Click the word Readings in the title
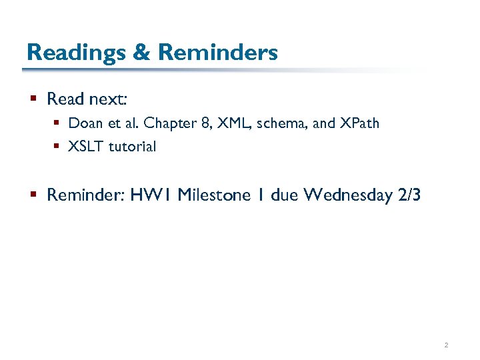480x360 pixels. [x=75, y=52]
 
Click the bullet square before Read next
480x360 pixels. [x=34, y=99]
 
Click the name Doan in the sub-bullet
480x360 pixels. [x=84, y=123]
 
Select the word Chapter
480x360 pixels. [x=167, y=123]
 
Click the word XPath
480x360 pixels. [x=357, y=123]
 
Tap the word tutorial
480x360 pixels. [x=132, y=147]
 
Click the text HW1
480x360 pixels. [x=151, y=195]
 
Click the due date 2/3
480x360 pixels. [x=409, y=195]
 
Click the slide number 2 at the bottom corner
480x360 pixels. [x=446, y=345]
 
